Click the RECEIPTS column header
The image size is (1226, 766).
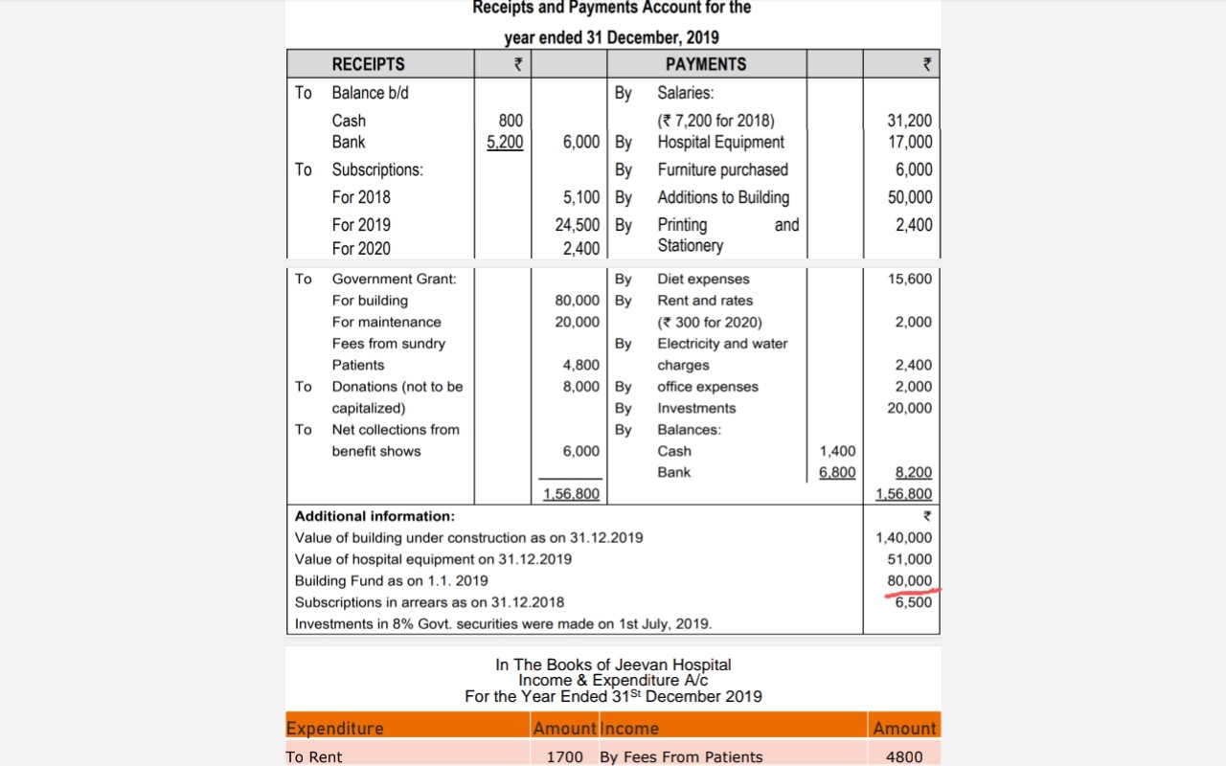click(x=368, y=64)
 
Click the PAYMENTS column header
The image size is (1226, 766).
click(x=705, y=64)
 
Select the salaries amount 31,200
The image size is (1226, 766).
click(x=909, y=121)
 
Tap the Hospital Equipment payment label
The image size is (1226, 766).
click(x=720, y=142)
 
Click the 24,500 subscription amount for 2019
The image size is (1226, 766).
click(x=578, y=225)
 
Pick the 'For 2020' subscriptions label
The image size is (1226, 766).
click(x=361, y=248)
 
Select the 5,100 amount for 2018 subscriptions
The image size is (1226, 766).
click(x=581, y=197)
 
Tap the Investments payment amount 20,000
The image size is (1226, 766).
click(x=910, y=408)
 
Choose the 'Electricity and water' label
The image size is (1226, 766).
click(x=722, y=344)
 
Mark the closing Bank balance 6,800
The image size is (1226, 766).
click(x=837, y=472)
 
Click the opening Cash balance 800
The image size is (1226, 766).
click(x=511, y=121)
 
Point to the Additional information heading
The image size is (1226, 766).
click(x=375, y=516)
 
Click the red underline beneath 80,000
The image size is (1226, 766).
click(x=913, y=593)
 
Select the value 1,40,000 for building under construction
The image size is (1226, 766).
click(x=903, y=538)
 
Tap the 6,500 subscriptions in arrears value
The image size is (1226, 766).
click(x=913, y=602)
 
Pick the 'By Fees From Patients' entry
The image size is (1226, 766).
click(x=681, y=756)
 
